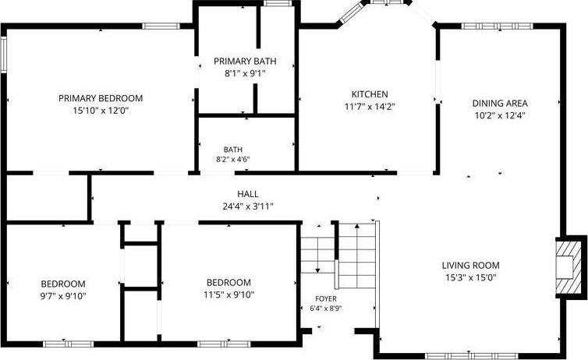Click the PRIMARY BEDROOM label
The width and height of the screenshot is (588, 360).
[x=101, y=98]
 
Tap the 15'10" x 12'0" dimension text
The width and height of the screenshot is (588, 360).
[x=101, y=111]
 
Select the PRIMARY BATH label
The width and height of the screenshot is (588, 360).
[x=245, y=61]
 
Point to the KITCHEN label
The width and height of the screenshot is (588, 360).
[x=370, y=94]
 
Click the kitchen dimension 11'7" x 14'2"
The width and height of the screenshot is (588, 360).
[x=370, y=107]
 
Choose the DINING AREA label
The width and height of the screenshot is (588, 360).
[x=500, y=103]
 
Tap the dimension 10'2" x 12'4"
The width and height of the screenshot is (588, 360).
[x=500, y=115]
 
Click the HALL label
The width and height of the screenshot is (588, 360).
[x=248, y=194]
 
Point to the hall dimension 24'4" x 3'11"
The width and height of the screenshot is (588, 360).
[x=248, y=206]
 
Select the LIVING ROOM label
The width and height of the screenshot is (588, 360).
[x=470, y=265]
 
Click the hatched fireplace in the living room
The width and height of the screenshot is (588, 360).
[x=569, y=267]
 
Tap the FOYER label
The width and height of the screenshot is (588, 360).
[x=326, y=298]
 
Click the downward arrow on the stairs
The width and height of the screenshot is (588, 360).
[x=317, y=255]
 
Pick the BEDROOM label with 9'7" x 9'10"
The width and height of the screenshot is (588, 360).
[x=63, y=284]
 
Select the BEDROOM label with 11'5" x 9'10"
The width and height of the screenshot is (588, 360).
[x=228, y=282]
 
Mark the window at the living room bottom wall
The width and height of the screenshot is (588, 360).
[x=471, y=356]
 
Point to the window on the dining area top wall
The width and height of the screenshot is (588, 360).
[x=497, y=26]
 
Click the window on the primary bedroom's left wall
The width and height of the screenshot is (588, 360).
[x=4, y=55]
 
